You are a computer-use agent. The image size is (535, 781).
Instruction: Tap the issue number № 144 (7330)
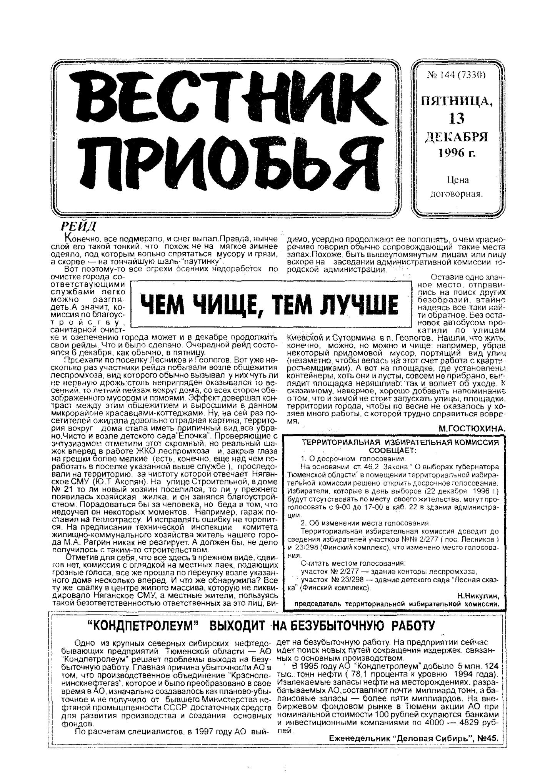(x=456, y=75)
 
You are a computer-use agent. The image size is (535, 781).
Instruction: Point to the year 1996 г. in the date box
(x=457, y=153)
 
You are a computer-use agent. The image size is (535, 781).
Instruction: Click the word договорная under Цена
(x=456, y=194)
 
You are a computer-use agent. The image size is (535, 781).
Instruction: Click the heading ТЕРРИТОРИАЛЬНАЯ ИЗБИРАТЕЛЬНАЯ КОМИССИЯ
(x=400, y=443)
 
